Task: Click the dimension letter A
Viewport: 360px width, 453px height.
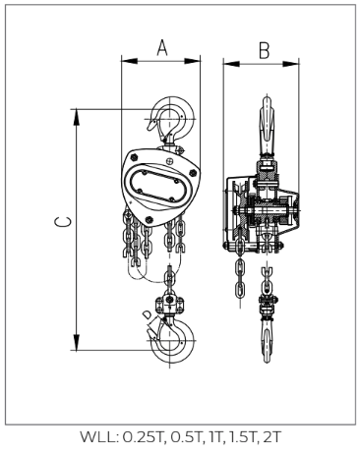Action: coord(162,48)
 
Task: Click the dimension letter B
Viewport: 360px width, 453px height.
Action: coord(264,50)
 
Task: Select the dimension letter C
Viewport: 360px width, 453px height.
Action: coord(63,222)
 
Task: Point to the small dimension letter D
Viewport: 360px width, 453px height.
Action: coord(148,314)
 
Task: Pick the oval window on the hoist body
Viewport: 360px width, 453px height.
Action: coord(159,188)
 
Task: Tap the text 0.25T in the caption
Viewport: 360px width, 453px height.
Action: coord(143,437)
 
